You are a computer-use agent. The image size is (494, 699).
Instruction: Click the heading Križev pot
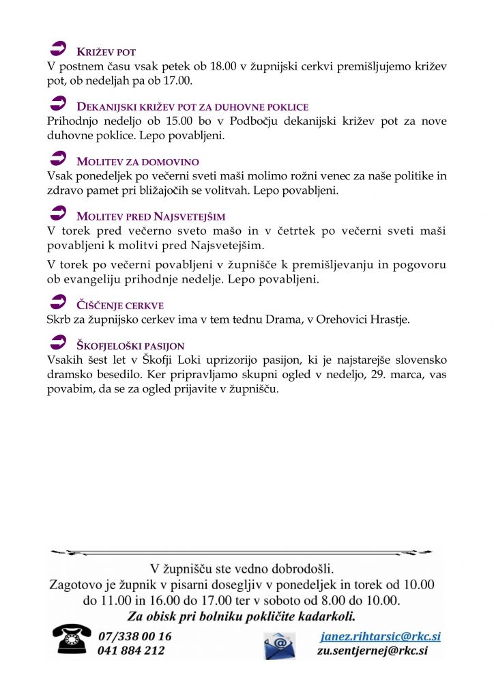click(106, 52)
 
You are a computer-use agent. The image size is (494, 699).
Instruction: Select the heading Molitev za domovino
click(138, 162)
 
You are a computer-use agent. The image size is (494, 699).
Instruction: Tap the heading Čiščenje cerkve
click(120, 305)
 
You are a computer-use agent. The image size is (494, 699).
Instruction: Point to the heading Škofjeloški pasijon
click(130, 346)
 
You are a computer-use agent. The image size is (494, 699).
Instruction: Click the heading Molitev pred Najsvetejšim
click(151, 216)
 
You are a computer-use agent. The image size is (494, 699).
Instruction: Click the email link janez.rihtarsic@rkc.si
click(380, 636)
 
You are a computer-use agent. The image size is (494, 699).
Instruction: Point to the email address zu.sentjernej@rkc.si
click(372, 651)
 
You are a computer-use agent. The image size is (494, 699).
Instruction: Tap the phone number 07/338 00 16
click(135, 636)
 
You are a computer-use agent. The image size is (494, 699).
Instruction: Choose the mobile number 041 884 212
click(132, 651)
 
